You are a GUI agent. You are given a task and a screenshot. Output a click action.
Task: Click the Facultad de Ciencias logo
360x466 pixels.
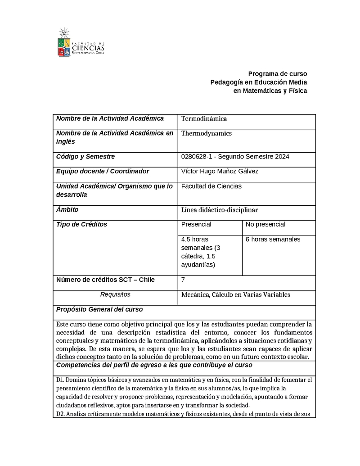coord(81,42)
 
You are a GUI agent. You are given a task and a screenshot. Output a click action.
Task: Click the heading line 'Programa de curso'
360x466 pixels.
coord(278,74)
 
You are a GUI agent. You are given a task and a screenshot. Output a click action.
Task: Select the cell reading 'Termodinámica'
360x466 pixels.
coord(204,119)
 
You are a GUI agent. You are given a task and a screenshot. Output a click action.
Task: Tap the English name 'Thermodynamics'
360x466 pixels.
coord(206,133)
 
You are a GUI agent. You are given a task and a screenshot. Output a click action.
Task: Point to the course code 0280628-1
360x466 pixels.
coord(195,157)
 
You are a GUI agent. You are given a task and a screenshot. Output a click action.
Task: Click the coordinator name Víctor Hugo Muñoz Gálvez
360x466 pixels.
coord(220,171)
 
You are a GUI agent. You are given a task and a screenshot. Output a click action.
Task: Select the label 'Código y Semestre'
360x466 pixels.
coord(85,157)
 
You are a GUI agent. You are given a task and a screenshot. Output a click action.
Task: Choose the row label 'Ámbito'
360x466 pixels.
coord(67,209)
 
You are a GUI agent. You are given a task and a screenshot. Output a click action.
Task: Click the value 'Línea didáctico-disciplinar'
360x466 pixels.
coord(220,210)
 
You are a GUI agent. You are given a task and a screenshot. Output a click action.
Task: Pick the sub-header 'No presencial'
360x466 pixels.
coord(265,224)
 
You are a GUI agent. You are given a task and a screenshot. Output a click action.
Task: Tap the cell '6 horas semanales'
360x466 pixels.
coord(273,239)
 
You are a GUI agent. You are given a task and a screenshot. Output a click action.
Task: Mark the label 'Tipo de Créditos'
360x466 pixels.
coord(81,224)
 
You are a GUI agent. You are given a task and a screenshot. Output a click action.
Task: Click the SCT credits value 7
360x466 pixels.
coord(183,280)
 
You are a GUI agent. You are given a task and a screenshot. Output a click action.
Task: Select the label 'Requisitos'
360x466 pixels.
coord(115,294)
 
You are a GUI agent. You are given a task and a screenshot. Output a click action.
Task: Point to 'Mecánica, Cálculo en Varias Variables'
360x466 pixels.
coord(235,294)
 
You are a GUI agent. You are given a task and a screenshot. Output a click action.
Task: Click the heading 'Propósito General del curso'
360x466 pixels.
coord(99,309)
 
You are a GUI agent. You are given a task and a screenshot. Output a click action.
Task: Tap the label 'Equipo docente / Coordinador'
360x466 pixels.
coord(103,171)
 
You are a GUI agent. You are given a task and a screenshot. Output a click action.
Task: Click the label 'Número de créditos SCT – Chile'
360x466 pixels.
coord(105,280)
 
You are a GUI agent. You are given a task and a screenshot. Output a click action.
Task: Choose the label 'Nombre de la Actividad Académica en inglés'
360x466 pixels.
coord(115,137)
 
